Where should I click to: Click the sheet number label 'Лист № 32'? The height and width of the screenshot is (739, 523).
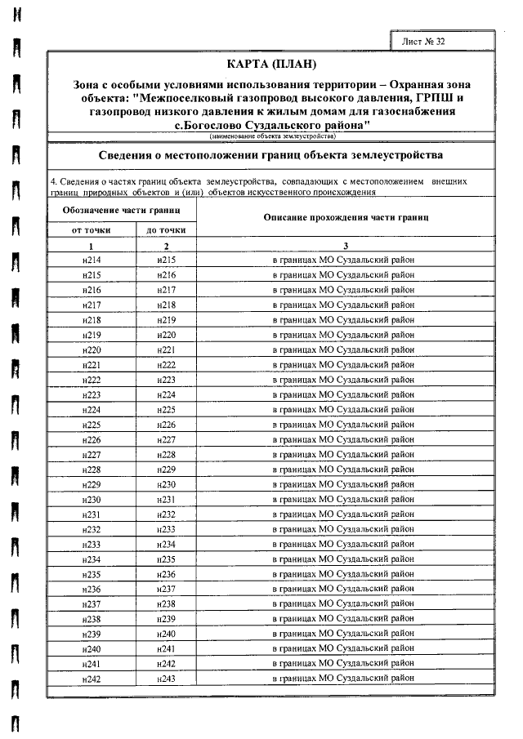coord(424,40)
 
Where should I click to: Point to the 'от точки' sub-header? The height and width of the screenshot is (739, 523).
coord(92,230)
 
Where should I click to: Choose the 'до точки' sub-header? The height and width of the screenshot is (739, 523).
coord(167,230)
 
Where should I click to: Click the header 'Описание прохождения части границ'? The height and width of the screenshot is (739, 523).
coord(347,217)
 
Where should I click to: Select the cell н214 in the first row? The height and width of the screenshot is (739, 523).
coord(92,260)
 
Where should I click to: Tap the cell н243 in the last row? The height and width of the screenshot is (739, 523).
coord(167,678)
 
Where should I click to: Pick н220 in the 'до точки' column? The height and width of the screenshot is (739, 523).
coord(167,335)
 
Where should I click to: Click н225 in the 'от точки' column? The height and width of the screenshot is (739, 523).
coord(92,425)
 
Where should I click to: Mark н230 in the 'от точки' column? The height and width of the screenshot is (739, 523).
coord(92,499)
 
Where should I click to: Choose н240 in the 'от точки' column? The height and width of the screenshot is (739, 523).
coord(92,648)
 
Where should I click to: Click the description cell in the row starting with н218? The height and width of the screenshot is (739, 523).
coord(343,320)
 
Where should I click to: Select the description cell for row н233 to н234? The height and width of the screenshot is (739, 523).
coord(343,544)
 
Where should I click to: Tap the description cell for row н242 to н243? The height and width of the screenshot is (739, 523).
coord(343,678)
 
